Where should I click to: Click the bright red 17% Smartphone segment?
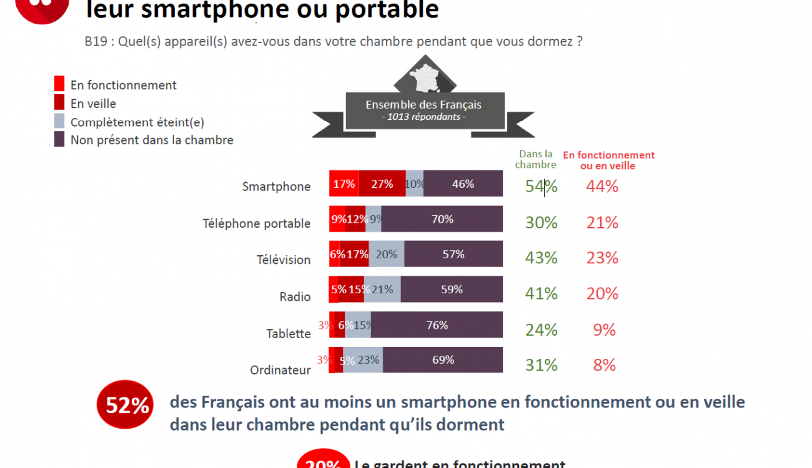click(344, 183)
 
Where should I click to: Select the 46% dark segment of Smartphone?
click(463, 183)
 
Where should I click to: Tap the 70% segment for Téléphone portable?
click(442, 219)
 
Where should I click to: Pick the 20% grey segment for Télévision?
click(387, 254)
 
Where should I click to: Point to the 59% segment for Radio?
click(452, 290)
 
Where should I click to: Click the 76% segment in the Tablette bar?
click(437, 325)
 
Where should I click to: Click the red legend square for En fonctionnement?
click(59, 84)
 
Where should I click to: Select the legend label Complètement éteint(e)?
click(137, 122)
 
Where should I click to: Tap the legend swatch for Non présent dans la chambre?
click(59, 140)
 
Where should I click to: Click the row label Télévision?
click(284, 260)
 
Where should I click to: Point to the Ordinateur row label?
click(280, 370)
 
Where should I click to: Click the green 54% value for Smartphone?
click(541, 186)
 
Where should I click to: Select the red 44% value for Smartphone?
click(602, 186)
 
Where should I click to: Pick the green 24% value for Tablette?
click(541, 329)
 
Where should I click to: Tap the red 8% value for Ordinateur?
click(605, 365)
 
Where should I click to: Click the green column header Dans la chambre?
click(535, 160)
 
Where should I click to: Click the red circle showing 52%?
click(127, 406)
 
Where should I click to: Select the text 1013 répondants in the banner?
click(423, 117)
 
